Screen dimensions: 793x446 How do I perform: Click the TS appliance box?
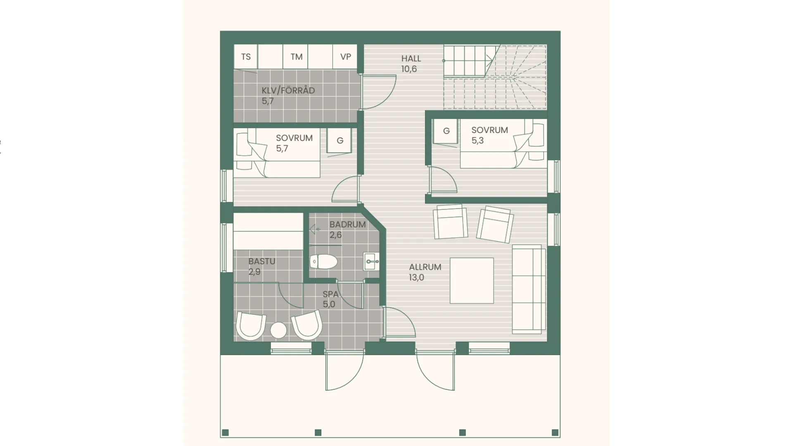pos(246,57)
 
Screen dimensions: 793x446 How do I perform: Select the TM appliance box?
pos(296,57)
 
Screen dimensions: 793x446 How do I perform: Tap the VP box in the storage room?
pos(345,57)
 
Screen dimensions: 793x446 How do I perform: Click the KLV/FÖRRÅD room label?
pos(288,90)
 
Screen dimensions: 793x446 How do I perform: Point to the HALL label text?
pos(411,59)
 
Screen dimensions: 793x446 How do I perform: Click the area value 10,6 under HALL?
pos(409,69)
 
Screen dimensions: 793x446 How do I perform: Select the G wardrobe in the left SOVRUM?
pos(339,140)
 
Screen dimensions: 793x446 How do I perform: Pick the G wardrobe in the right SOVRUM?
pos(446,131)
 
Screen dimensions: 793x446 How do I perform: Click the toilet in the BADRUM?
pos(323,261)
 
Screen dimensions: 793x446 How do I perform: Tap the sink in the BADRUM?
pos(371,261)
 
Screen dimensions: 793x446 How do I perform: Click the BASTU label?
pos(262,261)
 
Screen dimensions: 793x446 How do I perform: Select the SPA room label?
pos(330,294)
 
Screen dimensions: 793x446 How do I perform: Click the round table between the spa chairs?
pos(278,330)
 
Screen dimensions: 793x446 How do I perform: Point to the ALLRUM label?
pos(425,267)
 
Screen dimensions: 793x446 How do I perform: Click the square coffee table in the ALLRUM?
pos(472,281)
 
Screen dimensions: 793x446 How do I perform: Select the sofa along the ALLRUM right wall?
pos(527,289)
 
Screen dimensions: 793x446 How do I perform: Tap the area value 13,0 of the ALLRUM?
pos(416,278)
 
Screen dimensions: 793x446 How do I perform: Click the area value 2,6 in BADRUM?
pos(335,235)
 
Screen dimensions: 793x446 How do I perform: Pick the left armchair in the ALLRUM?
pos(450,222)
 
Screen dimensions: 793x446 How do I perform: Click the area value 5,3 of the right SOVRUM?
pos(477,140)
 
